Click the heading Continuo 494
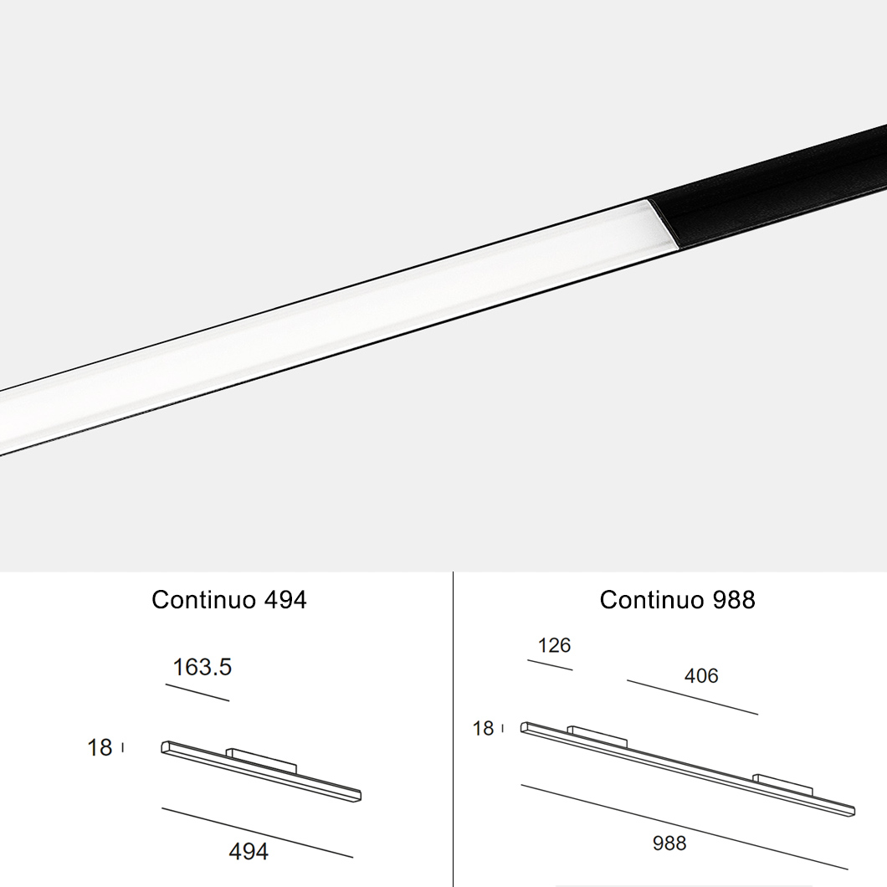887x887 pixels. [x=229, y=600]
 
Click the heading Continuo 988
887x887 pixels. [x=677, y=600]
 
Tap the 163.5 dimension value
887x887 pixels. [x=202, y=667]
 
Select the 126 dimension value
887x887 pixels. [x=554, y=645]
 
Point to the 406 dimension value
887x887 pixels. [x=701, y=675]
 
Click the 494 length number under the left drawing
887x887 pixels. [x=249, y=851]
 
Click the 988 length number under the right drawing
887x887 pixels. [x=669, y=843]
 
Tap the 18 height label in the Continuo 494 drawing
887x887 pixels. [x=100, y=747]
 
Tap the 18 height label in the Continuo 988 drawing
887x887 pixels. [x=483, y=728]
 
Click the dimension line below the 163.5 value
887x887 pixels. [x=197, y=693]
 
